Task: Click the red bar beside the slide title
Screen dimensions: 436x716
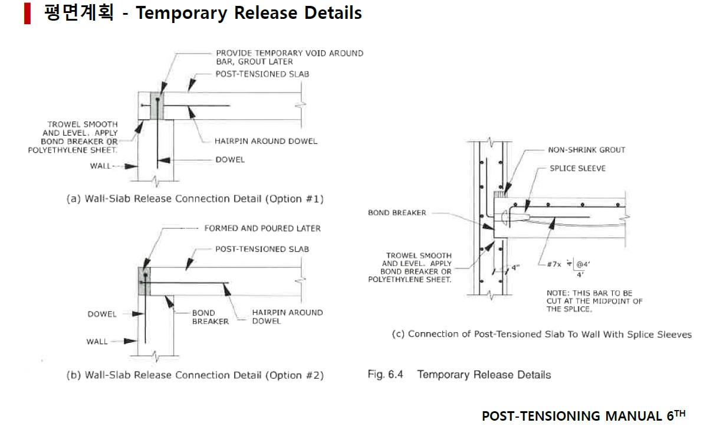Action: tap(27, 14)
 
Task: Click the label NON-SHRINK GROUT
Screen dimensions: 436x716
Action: tap(586, 150)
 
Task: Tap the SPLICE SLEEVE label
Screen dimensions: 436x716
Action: tap(577, 168)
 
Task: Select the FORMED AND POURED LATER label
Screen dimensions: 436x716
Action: tap(262, 228)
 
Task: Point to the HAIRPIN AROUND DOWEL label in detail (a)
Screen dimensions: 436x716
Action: tap(266, 141)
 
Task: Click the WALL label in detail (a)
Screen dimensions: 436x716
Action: tap(100, 166)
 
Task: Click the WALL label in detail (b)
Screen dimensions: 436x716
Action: tap(97, 341)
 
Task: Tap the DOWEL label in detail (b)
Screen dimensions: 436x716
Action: tap(102, 314)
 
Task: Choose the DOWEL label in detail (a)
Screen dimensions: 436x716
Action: tap(230, 159)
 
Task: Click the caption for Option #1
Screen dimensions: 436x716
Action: tap(195, 199)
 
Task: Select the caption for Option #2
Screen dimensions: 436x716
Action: tap(195, 375)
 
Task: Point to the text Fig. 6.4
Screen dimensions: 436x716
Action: tap(385, 375)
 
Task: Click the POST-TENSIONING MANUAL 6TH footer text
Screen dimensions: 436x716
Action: tap(583, 416)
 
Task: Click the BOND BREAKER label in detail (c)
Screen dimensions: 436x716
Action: tap(397, 212)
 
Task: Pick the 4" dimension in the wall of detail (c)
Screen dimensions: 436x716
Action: tap(515, 267)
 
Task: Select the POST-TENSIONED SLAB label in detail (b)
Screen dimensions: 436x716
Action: tap(262, 249)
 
